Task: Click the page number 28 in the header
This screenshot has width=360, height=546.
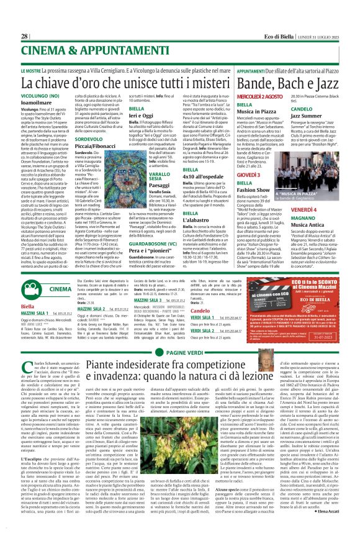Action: coord(24,36)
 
